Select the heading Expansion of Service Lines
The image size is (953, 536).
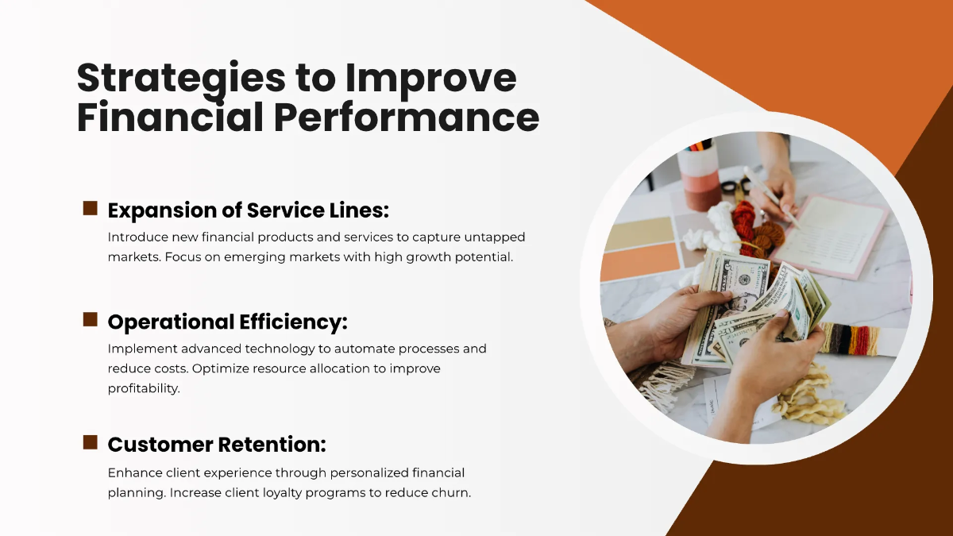pyautogui.click(x=248, y=210)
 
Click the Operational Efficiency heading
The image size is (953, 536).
pyautogui.click(x=227, y=322)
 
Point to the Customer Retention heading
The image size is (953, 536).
pyautogui.click(x=217, y=444)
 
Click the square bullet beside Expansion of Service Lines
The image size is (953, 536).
pyautogui.click(x=91, y=209)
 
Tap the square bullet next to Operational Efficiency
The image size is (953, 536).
pyautogui.click(x=91, y=320)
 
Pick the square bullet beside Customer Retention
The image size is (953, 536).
pyautogui.click(x=91, y=442)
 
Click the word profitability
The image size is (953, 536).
pyautogui.click(x=144, y=388)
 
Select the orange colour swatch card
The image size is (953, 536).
pyautogui.click(x=640, y=261)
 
